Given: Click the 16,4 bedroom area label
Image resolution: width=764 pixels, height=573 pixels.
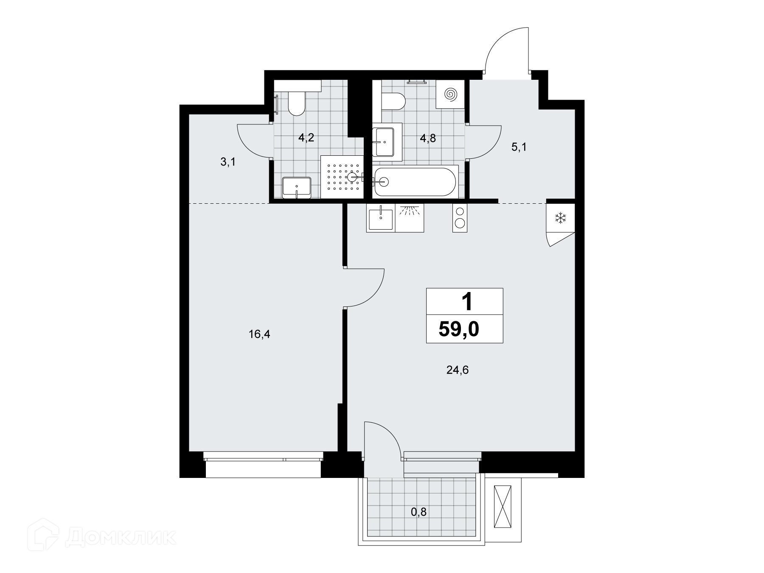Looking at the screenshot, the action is pyautogui.click(x=259, y=334).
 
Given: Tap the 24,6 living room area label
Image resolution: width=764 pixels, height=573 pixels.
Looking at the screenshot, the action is pyautogui.click(x=458, y=371).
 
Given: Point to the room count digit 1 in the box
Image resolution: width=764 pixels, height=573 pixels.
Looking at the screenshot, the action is pyautogui.click(x=466, y=303).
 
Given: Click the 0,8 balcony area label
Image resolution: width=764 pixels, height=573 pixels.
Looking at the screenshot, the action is pyautogui.click(x=419, y=512).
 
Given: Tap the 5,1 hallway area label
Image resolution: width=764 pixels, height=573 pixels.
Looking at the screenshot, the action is pyautogui.click(x=519, y=148).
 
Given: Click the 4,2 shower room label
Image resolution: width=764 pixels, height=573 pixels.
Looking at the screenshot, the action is pyautogui.click(x=306, y=138).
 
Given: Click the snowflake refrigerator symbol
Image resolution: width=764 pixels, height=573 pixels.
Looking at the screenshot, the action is pyautogui.click(x=561, y=219).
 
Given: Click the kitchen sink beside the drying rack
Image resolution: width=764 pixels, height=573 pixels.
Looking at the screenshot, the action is pyautogui.click(x=381, y=218).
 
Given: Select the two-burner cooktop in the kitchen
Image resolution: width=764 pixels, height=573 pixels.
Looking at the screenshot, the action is pyautogui.click(x=460, y=218).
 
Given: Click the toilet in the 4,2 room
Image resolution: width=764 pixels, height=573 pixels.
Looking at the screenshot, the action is pyautogui.click(x=296, y=103).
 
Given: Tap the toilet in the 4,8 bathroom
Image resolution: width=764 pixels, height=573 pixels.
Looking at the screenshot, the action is pyautogui.click(x=393, y=102).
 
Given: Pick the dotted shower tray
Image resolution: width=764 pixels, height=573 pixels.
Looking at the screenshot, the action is pyautogui.click(x=343, y=177).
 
